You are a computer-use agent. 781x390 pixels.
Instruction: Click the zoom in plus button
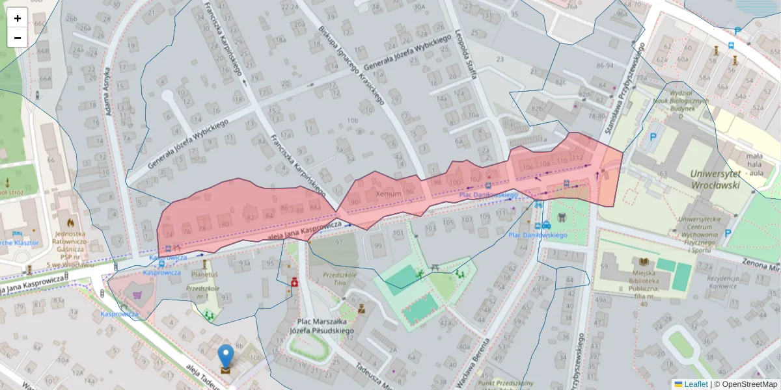(18, 18)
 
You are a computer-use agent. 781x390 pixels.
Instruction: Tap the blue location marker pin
(226, 357)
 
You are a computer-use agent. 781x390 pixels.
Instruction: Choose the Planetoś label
(204, 275)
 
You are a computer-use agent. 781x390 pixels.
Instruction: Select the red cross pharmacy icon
(294, 283)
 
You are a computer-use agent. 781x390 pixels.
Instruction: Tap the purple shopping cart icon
(137, 295)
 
